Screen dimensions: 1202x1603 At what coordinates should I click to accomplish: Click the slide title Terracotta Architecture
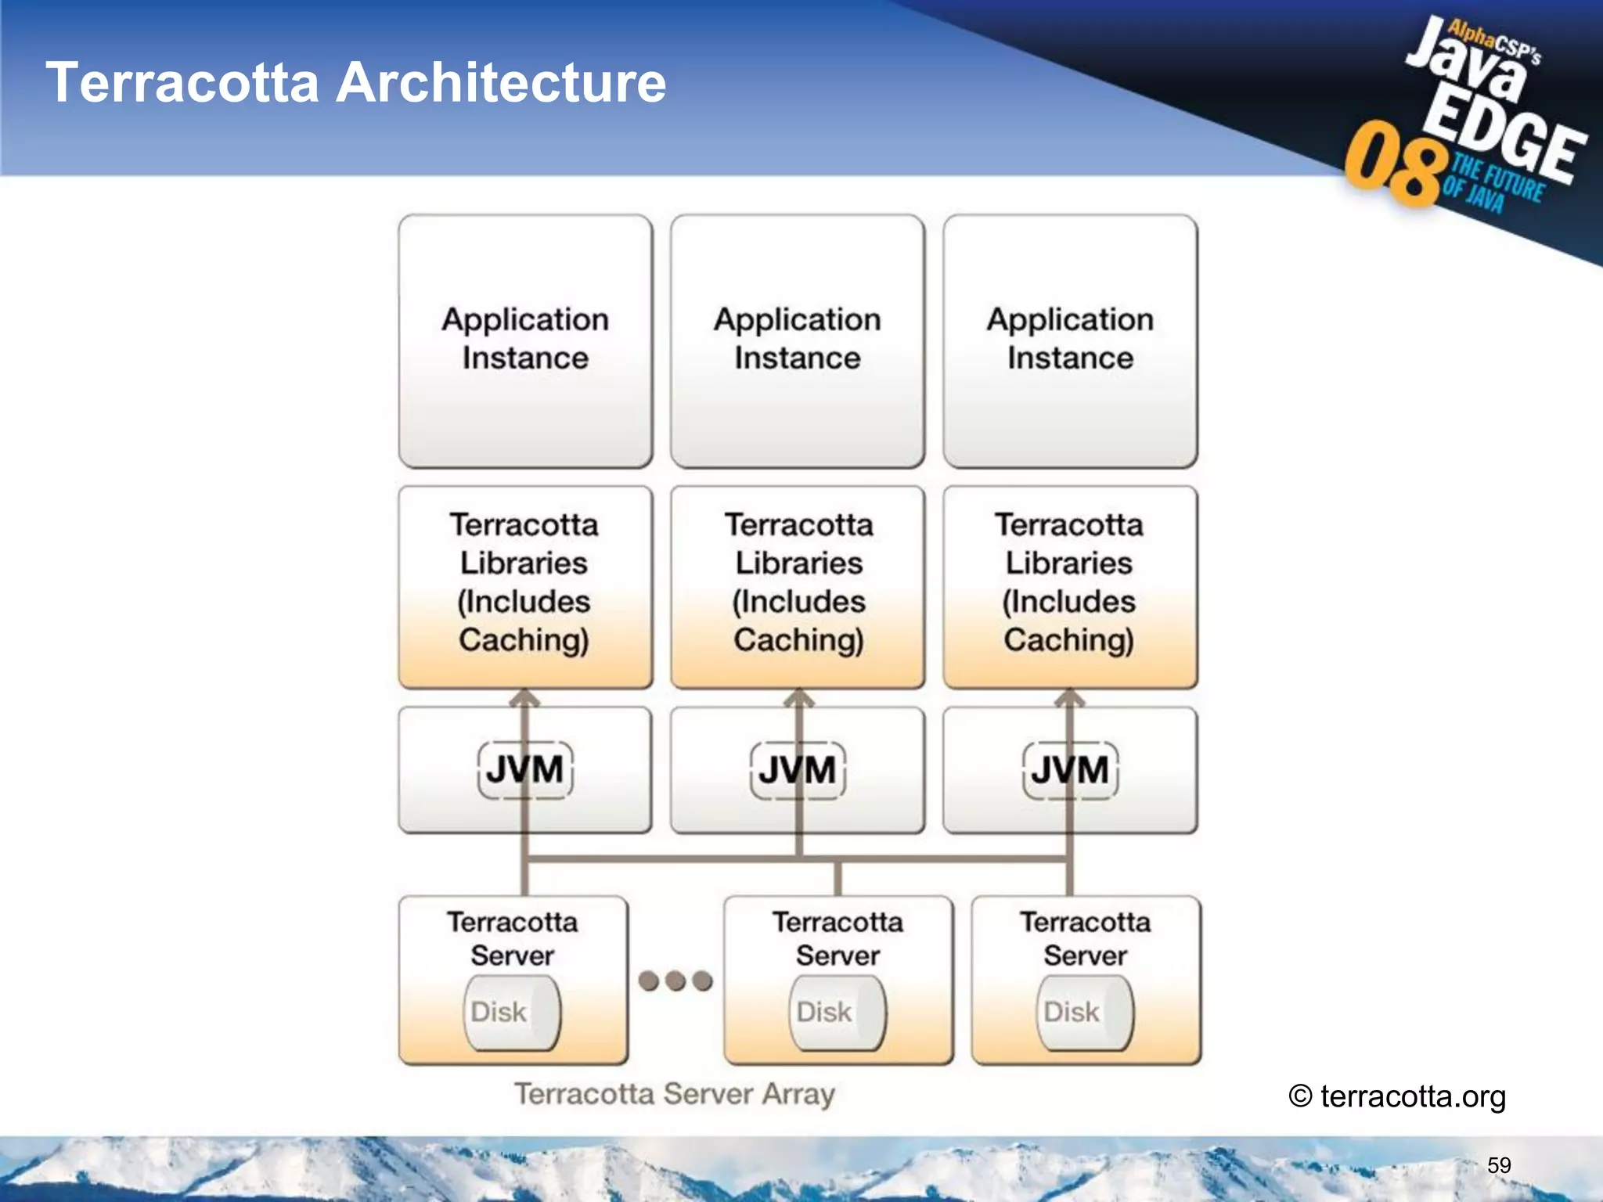(356, 83)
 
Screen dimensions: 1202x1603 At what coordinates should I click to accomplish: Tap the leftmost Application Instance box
(525, 341)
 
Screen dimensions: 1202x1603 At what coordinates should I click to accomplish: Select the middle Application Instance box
(798, 341)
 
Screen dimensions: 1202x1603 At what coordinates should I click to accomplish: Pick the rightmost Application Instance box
(1070, 341)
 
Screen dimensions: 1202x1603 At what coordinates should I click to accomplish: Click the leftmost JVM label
(525, 770)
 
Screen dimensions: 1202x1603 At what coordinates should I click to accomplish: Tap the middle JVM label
(798, 770)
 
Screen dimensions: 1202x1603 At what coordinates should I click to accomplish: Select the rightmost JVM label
(1070, 770)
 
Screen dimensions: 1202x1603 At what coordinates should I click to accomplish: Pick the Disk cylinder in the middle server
(837, 1013)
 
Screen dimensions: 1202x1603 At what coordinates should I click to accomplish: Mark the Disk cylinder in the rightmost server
(1084, 1013)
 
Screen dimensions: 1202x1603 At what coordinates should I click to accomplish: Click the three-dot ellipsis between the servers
(675, 981)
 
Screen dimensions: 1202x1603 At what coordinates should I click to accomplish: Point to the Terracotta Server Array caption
(674, 1094)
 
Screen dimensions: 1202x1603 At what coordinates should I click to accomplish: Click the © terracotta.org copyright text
(1397, 1096)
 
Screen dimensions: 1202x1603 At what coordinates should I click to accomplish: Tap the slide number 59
(1499, 1165)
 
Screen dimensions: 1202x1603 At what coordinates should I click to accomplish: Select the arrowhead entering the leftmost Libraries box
(525, 696)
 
